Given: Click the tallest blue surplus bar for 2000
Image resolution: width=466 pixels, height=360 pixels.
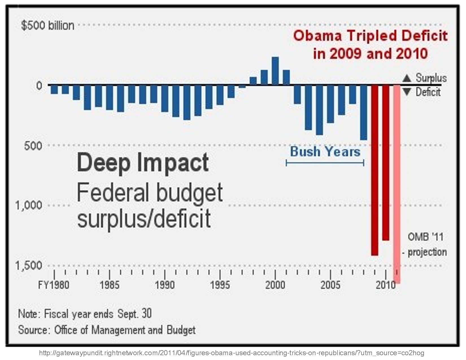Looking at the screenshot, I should pyautogui.click(x=275, y=71).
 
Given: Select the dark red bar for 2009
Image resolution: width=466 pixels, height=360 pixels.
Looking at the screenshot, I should pyautogui.click(x=374, y=169).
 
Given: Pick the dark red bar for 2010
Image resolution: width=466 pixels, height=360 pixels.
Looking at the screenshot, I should pyautogui.click(x=386, y=162).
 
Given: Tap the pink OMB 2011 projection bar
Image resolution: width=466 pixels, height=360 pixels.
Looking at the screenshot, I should pyautogui.click(x=397, y=184).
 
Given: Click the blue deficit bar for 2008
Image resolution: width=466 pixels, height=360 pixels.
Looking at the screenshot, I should pyautogui.click(x=363, y=112).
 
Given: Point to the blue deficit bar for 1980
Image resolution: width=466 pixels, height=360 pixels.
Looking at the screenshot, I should pyautogui.click(x=54, y=89).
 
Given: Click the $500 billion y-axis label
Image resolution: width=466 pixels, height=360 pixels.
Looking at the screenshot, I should pyautogui.click(x=47, y=26).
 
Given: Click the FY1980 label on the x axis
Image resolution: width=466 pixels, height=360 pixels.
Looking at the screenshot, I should pyautogui.click(x=54, y=285).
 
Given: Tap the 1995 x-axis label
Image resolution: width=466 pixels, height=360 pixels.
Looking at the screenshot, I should pyautogui.click(x=220, y=285).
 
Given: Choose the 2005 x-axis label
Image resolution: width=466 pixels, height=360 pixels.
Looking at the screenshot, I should pyautogui.click(x=330, y=285).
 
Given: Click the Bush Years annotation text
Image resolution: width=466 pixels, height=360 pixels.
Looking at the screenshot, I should pyautogui.click(x=325, y=152).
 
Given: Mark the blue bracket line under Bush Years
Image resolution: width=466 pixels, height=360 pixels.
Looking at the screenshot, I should pyautogui.click(x=325, y=163).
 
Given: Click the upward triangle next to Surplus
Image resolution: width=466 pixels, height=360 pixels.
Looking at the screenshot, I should pyautogui.click(x=407, y=78).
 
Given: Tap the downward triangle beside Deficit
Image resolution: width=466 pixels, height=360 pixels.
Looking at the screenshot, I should pyautogui.click(x=407, y=92).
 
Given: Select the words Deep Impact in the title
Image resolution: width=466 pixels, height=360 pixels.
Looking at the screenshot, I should pyautogui.click(x=143, y=163).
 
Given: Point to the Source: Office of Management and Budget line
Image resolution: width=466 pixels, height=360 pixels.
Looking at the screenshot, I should pyautogui.click(x=107, y=330).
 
